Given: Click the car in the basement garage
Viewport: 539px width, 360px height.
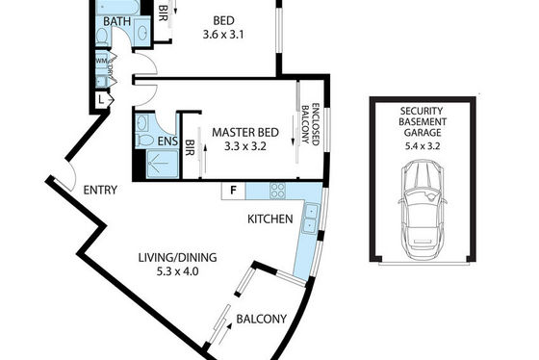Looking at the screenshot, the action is [423, 210].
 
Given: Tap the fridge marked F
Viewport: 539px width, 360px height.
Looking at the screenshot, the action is [233, 191].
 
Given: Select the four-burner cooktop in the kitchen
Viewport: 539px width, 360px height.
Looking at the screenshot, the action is [277, 191].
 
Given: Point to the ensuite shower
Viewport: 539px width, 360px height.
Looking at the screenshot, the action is [163, 164].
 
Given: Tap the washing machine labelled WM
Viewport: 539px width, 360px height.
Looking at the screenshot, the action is [101, 61].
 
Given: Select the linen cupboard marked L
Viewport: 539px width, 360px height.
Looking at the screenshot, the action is [101, 100].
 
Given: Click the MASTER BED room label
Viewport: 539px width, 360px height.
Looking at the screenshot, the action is [245, 133].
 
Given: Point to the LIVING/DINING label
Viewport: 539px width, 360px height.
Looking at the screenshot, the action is [177, 258].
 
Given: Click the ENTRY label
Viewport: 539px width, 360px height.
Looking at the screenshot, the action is [100, 191].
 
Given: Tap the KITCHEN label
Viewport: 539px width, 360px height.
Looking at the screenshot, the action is [270, 219].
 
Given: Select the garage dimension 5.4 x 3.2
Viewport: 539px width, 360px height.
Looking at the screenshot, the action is [423, 146].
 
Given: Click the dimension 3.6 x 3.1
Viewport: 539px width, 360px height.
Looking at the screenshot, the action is [223, 35].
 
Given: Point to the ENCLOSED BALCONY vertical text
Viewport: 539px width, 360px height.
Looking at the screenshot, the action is [310, 124].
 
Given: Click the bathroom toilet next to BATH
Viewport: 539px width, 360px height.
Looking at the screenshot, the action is [102, 37].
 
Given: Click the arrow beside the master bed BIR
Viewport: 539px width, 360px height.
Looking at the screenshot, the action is [205, 159].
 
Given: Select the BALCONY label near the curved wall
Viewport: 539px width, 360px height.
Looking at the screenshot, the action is [262, 319].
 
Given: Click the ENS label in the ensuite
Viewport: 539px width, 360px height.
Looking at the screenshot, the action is [167, 141].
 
